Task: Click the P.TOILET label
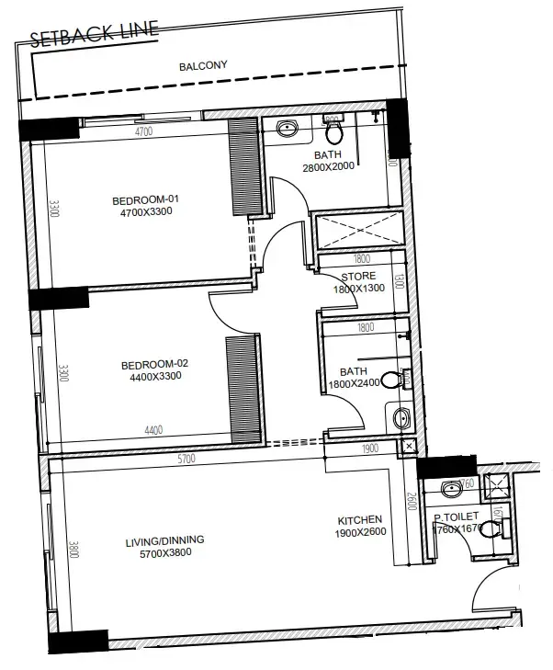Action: click(458, 517)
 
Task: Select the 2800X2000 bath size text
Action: click(328, 166)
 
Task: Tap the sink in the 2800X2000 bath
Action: click(287, 129)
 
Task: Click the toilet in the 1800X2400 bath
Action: click(393, 378)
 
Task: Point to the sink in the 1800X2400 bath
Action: click(401, 419)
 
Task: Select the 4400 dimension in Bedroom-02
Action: click(153, 430)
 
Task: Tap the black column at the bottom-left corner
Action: click(77, 642)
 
